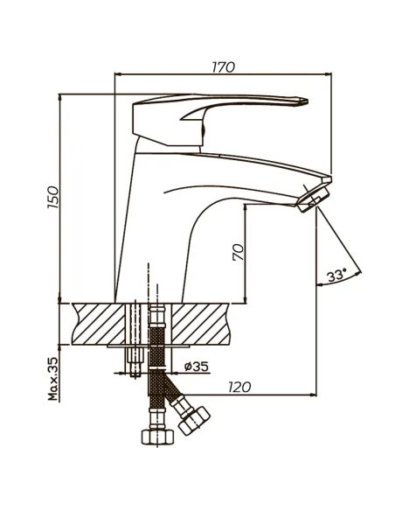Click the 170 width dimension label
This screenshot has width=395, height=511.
(x=223, y=67)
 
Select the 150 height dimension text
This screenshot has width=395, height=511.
(x=53, y=197)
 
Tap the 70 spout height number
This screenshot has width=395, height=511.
(x=239, y=252)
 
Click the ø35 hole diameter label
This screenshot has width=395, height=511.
(x=197, y=367)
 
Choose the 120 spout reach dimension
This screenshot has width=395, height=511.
(x=239, y=387)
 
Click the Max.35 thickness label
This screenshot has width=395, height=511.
(x=53, y=379)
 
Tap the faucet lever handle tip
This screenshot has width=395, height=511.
(x=306, y=101)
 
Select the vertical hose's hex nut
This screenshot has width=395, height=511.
(x=158, y=437)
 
